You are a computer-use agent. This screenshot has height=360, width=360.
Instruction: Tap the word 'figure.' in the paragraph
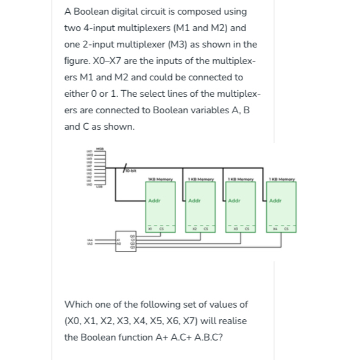pos(79,61)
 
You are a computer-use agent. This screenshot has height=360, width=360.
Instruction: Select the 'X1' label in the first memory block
pos(154,230)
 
